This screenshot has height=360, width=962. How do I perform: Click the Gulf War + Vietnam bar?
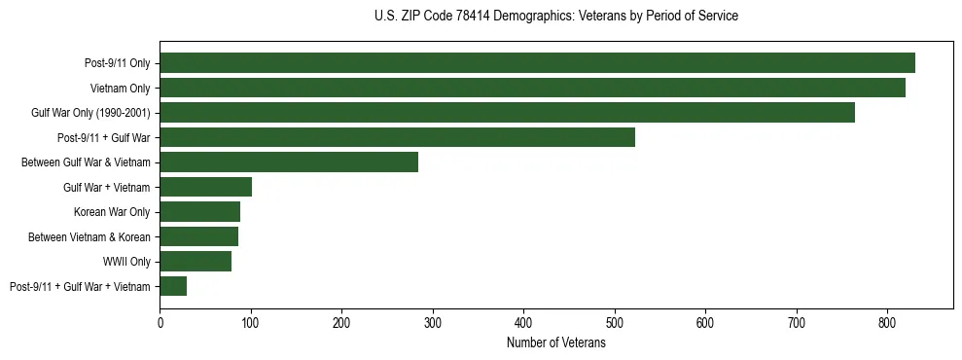[205, 187]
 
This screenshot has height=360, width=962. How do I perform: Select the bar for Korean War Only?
[199, 212]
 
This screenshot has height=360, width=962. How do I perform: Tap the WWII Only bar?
[196, 261]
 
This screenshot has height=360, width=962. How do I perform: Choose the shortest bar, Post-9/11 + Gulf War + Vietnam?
[173, 286]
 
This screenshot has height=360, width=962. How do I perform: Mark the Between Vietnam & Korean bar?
[198, 236]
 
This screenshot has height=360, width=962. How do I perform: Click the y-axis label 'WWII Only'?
[126, 262]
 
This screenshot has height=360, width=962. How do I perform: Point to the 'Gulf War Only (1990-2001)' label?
[90, 113]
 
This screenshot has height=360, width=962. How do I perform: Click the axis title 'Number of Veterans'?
[555, 343]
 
